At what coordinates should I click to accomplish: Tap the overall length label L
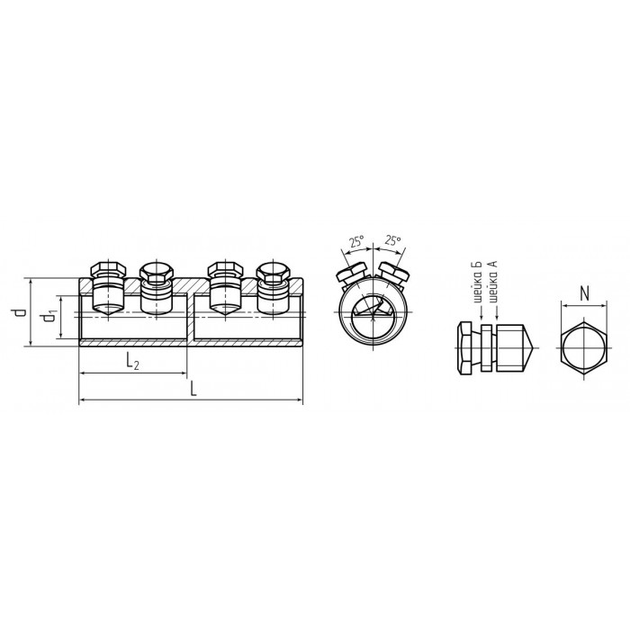(193, 389)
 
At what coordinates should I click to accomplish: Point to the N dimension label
(585, 294)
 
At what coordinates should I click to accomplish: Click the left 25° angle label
(356, 242)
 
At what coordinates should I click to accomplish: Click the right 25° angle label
(392, 240)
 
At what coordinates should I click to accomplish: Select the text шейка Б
(481, 283)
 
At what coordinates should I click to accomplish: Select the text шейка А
(494, 282)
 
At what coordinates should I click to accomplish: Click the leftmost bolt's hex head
(109, 270)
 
